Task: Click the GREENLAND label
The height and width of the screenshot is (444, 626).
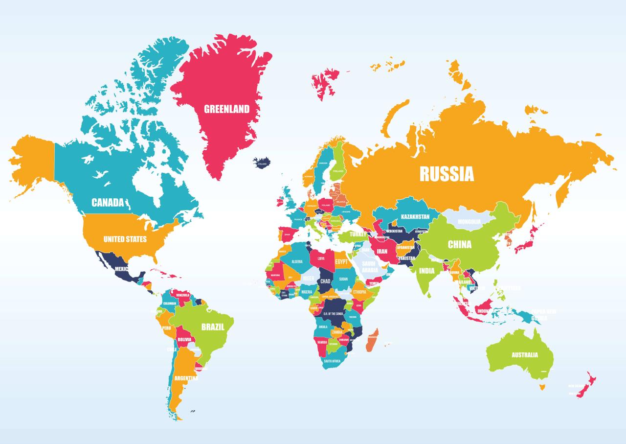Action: (226, 109)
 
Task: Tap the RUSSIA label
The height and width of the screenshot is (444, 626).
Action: (447, 174)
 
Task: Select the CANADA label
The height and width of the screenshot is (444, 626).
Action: (108, 203)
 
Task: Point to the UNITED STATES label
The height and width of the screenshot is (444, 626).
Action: (125, 239)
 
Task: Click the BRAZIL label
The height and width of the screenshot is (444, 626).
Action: (213, 327)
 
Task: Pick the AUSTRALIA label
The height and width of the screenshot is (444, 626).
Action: (525, 355)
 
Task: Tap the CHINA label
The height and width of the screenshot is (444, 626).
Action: (460, 244)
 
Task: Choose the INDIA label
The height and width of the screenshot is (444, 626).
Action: (426, 271)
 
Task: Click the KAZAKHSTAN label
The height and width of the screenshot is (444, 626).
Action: (415, 216)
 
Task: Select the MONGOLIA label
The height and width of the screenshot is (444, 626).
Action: (469, 222)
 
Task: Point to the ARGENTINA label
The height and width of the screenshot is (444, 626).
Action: (186, 378)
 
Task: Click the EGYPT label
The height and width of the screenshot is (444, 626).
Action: (341, 262)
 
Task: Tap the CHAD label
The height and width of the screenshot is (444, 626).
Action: (325, 281)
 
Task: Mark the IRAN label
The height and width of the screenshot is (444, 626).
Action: (382, 252)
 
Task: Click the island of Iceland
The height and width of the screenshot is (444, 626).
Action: (261, 162)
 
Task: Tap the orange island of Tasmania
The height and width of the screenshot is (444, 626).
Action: (541, 387)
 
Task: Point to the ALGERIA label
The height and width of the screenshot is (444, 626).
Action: (297, 262)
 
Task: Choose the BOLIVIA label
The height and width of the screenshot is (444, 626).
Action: (184, 339)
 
